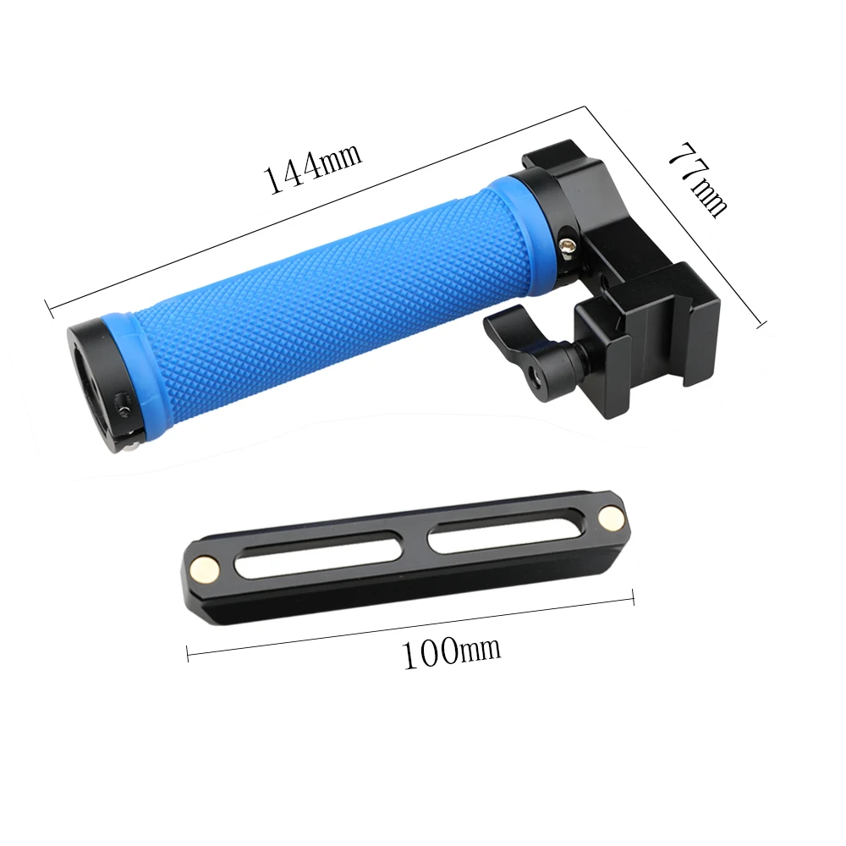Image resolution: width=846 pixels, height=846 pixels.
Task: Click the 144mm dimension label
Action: pos(314,167)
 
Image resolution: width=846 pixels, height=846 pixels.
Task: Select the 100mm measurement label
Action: pos(450,651)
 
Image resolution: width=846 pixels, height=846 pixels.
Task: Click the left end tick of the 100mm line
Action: pos(188,651)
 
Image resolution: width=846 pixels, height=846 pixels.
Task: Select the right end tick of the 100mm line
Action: pos(633,598)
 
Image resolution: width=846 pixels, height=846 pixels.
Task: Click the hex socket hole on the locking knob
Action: pos(535,371)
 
